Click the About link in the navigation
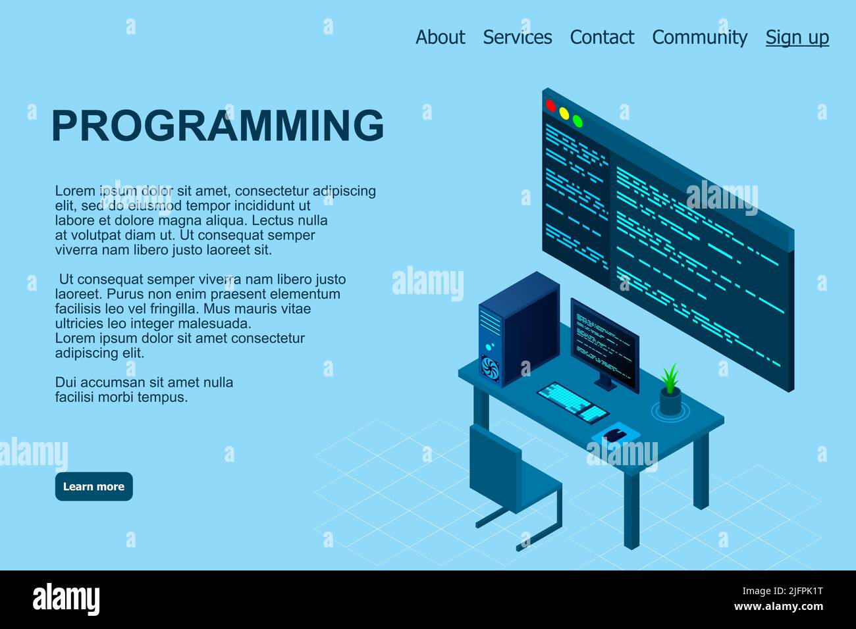click(x=440, y=38)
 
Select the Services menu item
click(x=517, y=38)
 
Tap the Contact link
click(x=602, y=38)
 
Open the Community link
click(x=699, y=38)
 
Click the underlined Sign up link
click(x=797, y=38)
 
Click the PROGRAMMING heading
click(x=217, y=125)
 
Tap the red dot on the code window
click(x=550, y=105)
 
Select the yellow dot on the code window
click(x=564, y=113)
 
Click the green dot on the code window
click(x=577, y=121)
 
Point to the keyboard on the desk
click(x=572, y=402)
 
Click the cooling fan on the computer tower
click(x=490, y=368)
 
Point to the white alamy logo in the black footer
click(x=66, y=599)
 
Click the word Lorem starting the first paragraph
click(x=74, y=191)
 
